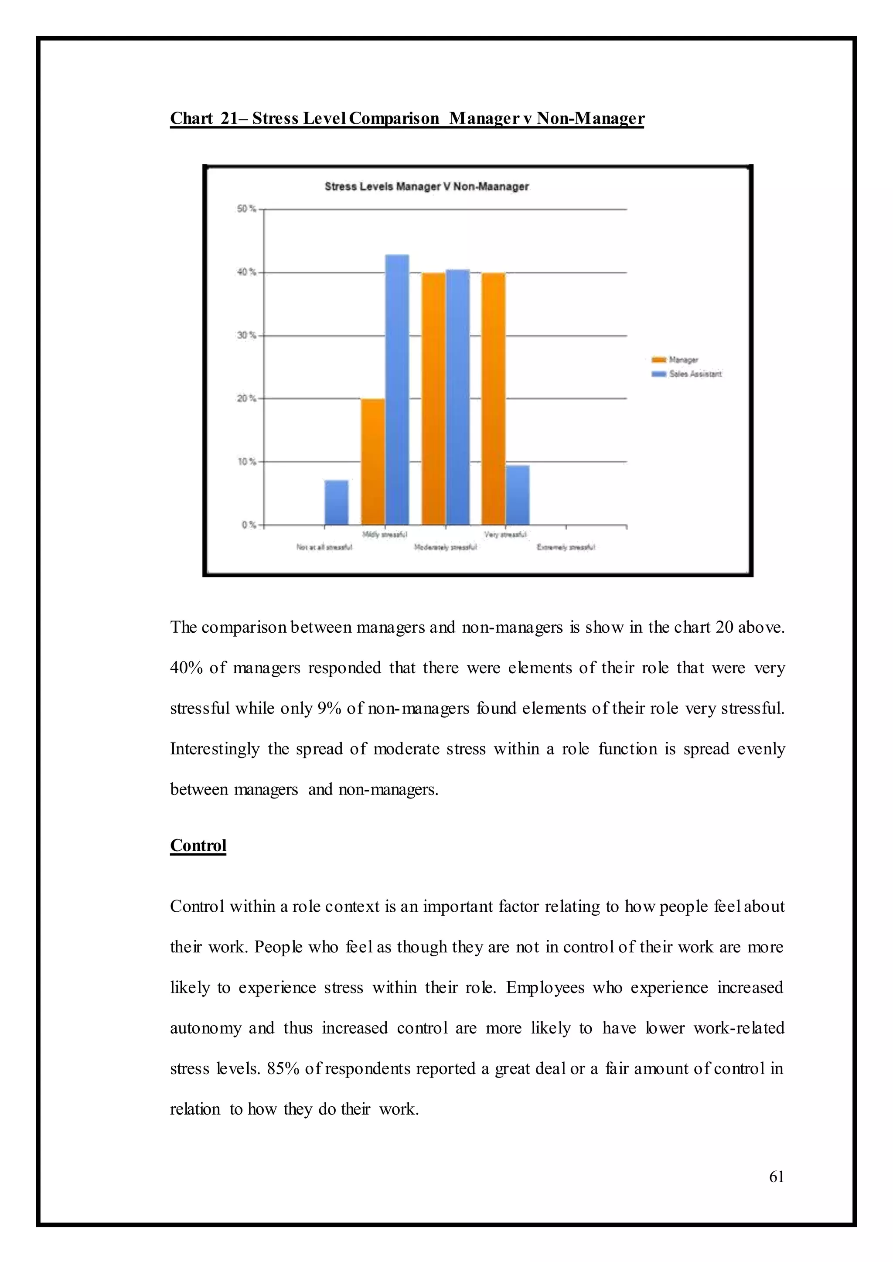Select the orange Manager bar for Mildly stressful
pyautogui.click(x=373, y=461)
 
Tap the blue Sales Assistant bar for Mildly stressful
pyautogui.click(x=397, y=389)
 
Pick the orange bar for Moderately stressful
pyautogui.click(x=433, y=398)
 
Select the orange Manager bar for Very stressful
pyautogui.click(x=493, y=398)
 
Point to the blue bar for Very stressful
pyautogui.click(x=518, y=495)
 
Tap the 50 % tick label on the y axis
pyautogui.click(x=246, y=209)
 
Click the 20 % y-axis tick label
pyautogui.click(x=246, y=398)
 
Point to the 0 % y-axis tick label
pyautogui.click(x=249, y=525)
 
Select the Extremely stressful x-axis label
pyautogui.click(x=566, y=547)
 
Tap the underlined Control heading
pyautogui.click(x=198, y=845)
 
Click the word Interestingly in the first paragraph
pyautogui.click(x=215, y=749)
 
